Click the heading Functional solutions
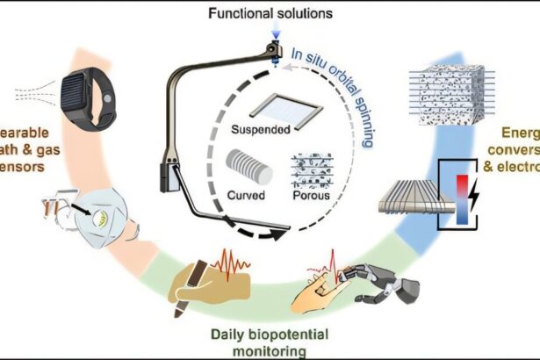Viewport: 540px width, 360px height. click(x=270, y=14)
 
